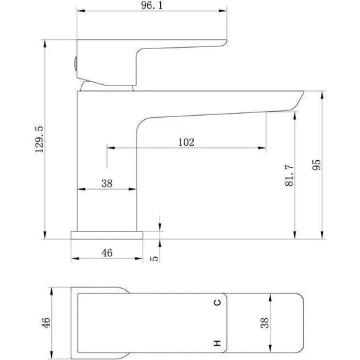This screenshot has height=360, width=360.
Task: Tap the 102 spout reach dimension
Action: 186,141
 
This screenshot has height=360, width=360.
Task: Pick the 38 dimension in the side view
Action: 106,182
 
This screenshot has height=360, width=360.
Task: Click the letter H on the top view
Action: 217,343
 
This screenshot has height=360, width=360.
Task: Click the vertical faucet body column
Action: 108,161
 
